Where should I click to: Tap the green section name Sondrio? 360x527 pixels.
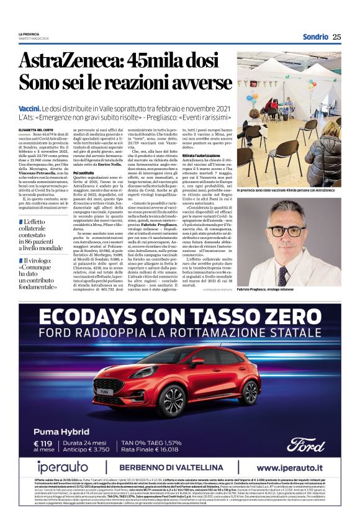(315, 37)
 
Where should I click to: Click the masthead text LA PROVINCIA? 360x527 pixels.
(29, 34)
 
